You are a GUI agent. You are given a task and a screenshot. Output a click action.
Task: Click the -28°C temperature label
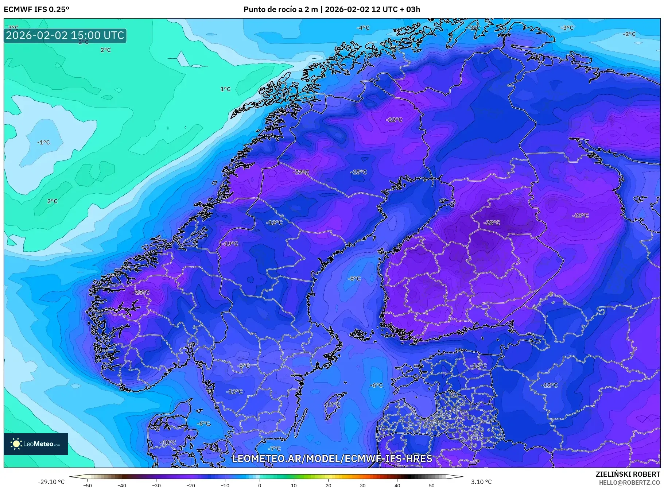(492, 222)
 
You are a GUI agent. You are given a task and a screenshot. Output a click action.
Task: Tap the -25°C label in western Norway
(141, 293)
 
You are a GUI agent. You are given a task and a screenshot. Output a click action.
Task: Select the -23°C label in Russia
(580, 216)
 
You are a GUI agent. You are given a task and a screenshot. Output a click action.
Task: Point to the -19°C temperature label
(230, 244)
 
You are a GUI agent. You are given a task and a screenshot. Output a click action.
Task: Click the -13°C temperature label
(274, 222)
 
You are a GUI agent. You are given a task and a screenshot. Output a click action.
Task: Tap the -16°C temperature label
(478, 365)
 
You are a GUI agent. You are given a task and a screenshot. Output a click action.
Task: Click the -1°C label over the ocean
(43, 143)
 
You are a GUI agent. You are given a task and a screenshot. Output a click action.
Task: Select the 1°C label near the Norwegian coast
(225, 89)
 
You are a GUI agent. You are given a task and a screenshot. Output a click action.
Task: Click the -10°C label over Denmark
(168, 442)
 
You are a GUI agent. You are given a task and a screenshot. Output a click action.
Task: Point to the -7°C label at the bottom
(274, 449)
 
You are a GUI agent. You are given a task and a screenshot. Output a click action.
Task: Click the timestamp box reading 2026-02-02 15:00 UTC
(65, 35)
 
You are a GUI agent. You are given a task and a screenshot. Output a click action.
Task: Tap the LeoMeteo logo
(36, 444)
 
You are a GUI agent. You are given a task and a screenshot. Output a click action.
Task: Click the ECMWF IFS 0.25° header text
(36, 9)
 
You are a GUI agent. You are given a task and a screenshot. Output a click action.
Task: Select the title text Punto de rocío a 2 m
(280, 9)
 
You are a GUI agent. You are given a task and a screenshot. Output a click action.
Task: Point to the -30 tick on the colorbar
(156, 485)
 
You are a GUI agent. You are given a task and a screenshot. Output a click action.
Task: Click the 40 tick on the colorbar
(397, 485)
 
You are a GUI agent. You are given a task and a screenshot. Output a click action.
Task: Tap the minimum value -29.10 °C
(51, 482)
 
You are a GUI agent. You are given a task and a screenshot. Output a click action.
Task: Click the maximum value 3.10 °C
(481, 482)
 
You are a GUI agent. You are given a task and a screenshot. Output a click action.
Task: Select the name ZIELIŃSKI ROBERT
(628, 474)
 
